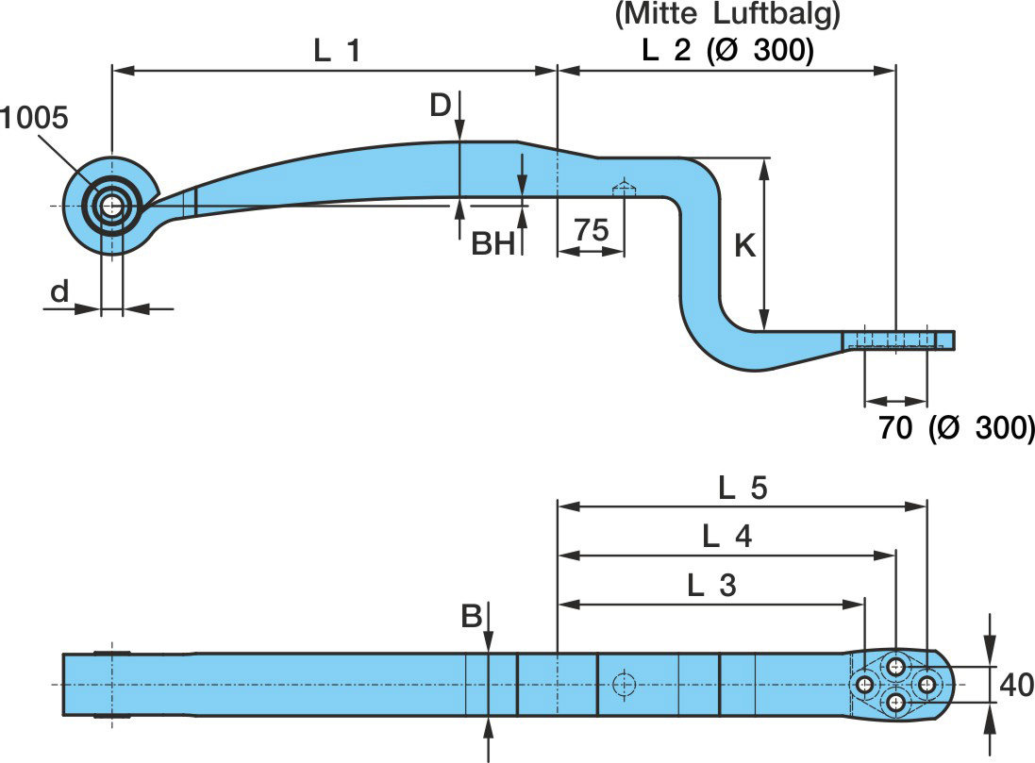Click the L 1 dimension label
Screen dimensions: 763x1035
[336, 51]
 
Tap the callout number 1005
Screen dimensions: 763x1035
[34, 118]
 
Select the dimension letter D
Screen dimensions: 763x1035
[441, 106]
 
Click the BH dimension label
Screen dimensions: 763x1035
[494, 244]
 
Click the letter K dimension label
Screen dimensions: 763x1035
[744, 246]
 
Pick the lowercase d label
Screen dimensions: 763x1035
[59, 292]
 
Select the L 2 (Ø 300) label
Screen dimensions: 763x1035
[727, 51]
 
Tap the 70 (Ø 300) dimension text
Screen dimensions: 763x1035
[956, 427]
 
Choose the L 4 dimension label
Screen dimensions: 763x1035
[727, 536]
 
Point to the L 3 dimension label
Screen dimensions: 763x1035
[711, 585]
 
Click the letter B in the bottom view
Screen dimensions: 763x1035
[472, 617]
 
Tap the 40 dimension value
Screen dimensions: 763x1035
[1015, 685]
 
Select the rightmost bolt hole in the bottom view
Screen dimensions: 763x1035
[926, 684]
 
